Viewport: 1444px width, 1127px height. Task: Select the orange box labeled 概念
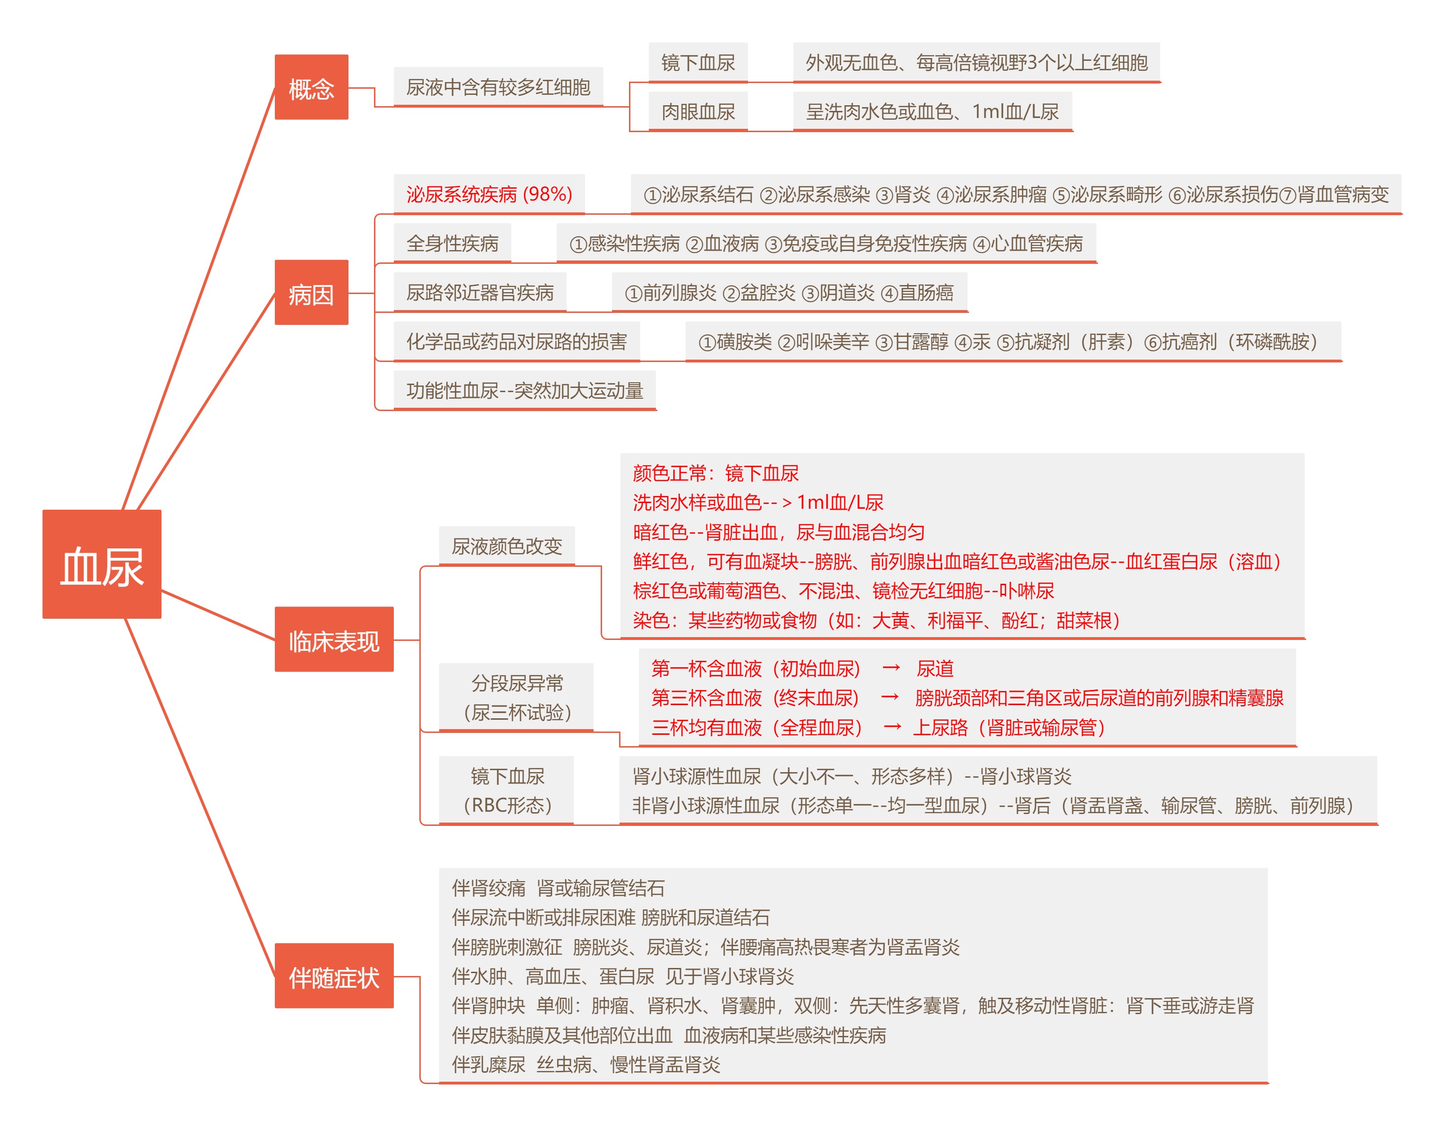click(x=311, y=87)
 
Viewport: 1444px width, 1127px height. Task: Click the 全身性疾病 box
click(x=452, y=243)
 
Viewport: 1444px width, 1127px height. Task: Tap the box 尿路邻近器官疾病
click(x=480, y=292)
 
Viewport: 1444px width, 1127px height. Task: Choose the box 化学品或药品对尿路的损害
click(x=517, y=341)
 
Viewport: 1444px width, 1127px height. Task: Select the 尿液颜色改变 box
click(x=507, y=546)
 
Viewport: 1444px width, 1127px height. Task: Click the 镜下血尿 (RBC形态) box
click(x=507, y=790)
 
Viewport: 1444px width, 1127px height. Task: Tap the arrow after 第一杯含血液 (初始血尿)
click(x=891, y=668)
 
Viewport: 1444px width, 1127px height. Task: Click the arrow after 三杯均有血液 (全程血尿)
click(x=892, y=727)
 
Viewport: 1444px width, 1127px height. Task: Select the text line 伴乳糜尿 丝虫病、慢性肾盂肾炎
click(x=586, y=1064)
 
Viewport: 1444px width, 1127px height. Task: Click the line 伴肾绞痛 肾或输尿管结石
click(x=558, y=888)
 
